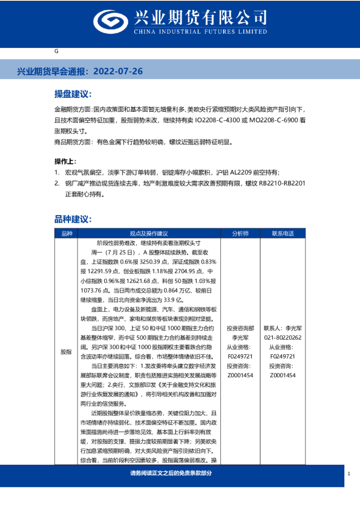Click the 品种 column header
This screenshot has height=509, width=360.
67,233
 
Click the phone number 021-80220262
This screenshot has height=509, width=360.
283,338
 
